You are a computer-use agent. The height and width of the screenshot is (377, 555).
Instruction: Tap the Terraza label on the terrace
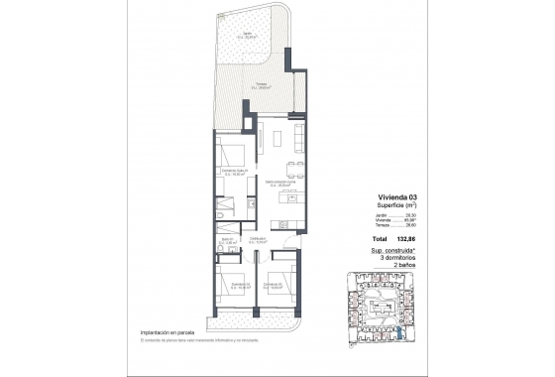pyautogui.click(x=261, y=86)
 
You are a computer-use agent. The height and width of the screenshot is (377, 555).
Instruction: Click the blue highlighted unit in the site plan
pyautogui.click(x=397, y=336)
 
